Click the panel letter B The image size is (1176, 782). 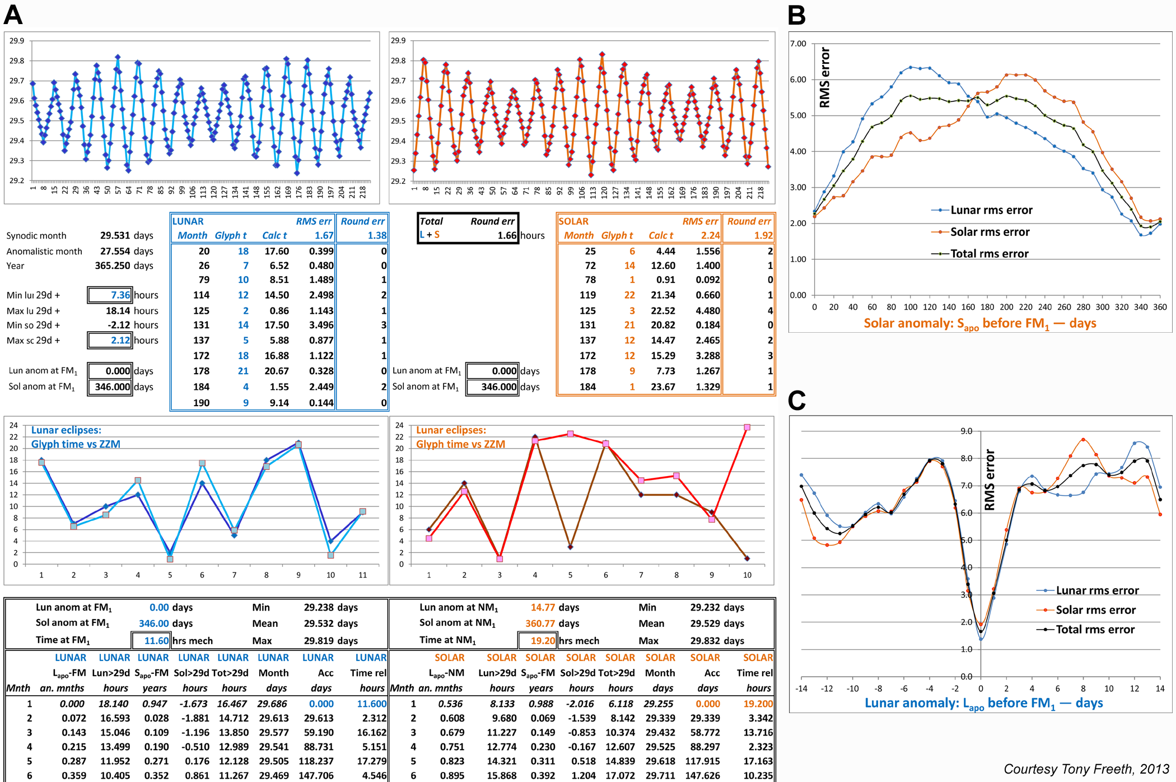coord(797,15)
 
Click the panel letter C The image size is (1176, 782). coord(797,401)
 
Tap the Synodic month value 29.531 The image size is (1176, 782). coord(115,236)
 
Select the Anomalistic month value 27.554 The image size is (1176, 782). coord(115,252)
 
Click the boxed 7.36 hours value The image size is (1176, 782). coord(120,295)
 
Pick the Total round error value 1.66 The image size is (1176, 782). coord(507,236)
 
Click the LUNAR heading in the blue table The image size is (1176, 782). coord(188,221)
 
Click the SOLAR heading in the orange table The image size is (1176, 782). coord(573,221)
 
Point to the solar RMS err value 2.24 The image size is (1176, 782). coord(710,236)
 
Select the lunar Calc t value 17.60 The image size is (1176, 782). coord(277,252)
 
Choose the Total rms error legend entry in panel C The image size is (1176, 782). coord(1095,630)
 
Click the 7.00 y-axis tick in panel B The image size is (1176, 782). coord(798,44)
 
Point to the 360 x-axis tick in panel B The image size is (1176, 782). coord(1160,307)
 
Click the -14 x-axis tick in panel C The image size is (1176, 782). coord(801,688)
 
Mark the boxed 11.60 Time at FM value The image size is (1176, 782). coord(156,640)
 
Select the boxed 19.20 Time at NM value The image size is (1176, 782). coord(543,640)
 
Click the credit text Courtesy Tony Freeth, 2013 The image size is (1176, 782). coord(1086,769)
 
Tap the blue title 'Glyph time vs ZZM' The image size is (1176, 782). coord(76,444)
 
